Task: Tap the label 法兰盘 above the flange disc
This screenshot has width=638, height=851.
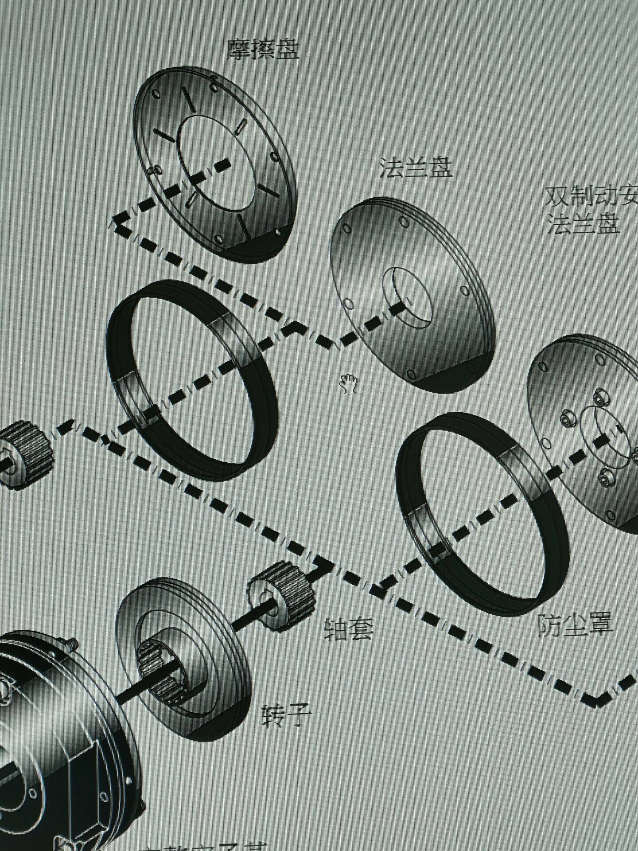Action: pyautogui.click(x=416, y=167)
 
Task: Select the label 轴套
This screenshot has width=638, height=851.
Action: pyautogui.click(x=349, y=628)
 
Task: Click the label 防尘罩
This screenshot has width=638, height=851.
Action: pyautogui.click(x=575, y=624)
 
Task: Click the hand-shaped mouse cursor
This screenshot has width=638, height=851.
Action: pyautogui.click(x=349, y=383)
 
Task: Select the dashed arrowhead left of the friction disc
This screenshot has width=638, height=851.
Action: pyautogui.click(x=119, y=220)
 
